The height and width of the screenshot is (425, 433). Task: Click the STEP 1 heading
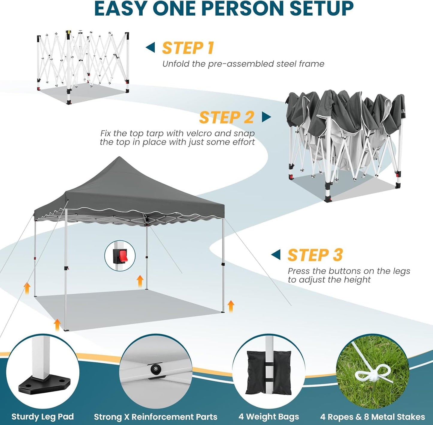[188, 48]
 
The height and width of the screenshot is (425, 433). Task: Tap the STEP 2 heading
[227, 117]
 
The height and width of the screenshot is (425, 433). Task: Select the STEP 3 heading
[315, 255]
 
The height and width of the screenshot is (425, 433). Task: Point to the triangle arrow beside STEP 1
[150, 47]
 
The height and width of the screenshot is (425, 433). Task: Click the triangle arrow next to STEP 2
[266, 117]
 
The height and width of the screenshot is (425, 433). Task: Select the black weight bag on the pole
[268, 373]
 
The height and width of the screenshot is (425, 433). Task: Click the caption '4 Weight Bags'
[269, 417]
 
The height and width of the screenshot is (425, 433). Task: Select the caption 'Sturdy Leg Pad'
[43, 417]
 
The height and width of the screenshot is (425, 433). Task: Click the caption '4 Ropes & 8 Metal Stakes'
[372, 417]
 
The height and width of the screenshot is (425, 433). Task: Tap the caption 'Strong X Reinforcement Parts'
[156, 417]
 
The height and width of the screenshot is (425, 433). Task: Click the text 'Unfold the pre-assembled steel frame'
[243, 64]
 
